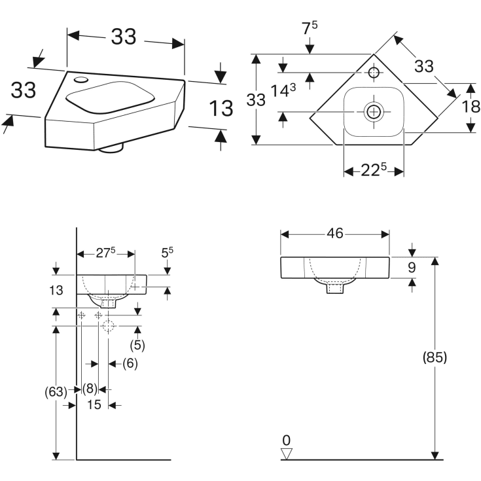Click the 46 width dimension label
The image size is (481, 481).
click(335, 234)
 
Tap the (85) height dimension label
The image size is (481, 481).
click(435, 357)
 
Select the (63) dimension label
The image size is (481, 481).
click(56, 392)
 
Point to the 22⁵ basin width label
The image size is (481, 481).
click(373, 170)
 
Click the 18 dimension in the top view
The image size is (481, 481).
click(471, 107)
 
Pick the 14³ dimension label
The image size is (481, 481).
click(283, 90)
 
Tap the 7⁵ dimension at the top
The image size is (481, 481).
click(310, 28)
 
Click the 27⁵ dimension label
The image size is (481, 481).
click(105, 253)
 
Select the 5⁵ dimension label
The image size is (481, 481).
click(167, 253)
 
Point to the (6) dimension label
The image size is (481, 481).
click(130, 363)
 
